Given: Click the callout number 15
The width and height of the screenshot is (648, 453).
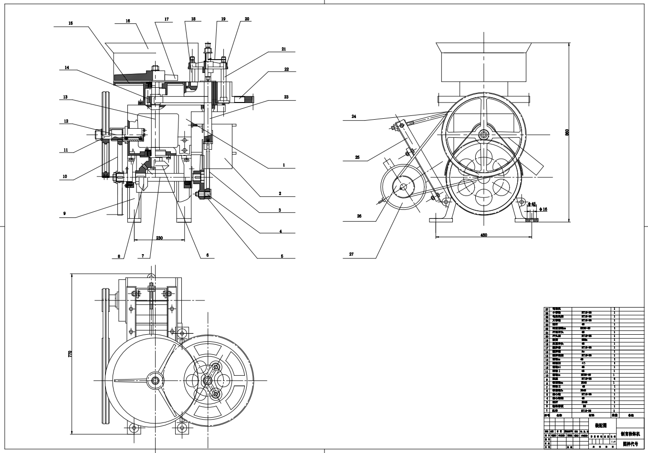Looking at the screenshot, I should click(71, 23).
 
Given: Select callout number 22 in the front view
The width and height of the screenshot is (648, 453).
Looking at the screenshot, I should click(286, 70).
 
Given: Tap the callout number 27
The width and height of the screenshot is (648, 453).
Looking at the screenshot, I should click(352, 254).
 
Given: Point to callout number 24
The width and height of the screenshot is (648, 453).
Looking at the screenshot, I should click(354, 116).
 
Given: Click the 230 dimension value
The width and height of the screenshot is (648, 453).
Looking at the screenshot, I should click(159, 237).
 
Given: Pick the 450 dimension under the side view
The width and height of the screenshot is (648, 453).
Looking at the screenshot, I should click(483, 235).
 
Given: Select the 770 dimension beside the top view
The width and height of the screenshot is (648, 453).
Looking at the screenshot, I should click(70, 354).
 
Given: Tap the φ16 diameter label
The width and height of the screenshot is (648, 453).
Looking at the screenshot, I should click(543, 209).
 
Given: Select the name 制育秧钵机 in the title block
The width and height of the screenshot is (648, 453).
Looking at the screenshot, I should click(630, 434).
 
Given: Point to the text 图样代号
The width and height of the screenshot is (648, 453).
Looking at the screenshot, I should click(630, 443).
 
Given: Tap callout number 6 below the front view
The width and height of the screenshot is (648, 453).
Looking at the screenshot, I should click(208, 255).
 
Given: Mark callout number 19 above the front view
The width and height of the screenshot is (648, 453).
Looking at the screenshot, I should click(223, 19).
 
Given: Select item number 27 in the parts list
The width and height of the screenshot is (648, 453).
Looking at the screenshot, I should click(547, 309).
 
